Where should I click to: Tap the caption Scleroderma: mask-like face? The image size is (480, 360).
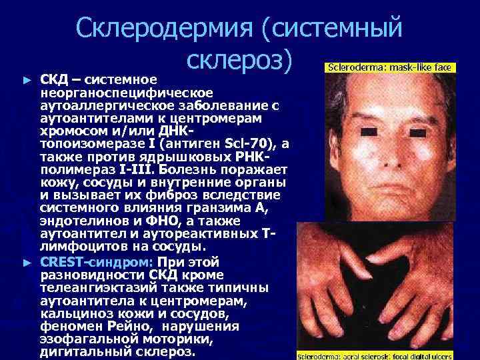click(x=390, y=67)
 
